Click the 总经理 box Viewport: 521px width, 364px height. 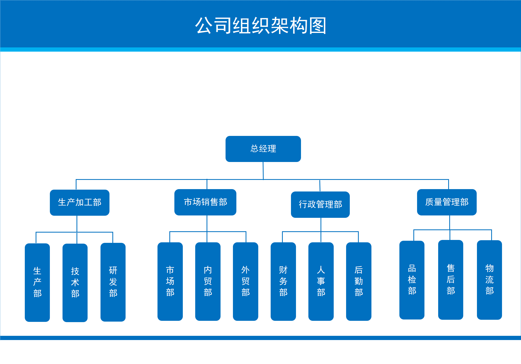tap(263, 149)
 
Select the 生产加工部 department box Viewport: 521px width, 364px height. tap(80, 203)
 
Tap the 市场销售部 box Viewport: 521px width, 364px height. tap(205, 202)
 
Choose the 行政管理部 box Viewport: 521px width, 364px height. tap(320, 205)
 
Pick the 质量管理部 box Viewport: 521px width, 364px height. tap(447, 202)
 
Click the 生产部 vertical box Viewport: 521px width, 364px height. tap(37, 283)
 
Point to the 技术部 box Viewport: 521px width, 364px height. tap(75, 283)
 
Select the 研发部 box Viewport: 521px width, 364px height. tap(113, 282)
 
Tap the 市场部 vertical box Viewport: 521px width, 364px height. tap(170, 282)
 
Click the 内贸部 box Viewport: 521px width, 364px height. tap(208, 282)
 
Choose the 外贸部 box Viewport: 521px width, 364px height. tap(246, 282)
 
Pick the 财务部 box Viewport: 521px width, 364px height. tap(283, 282)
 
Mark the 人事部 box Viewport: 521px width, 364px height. tap(321, 282)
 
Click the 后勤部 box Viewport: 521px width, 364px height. tap(359, 282)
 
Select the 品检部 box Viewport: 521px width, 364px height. tap(412, 280)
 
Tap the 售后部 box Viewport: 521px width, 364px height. tap(451, 280)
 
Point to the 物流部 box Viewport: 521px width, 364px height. tap(489, 280)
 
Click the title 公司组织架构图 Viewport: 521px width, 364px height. tap(261, 26)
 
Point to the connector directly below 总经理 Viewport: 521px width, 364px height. tap(263, 171)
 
